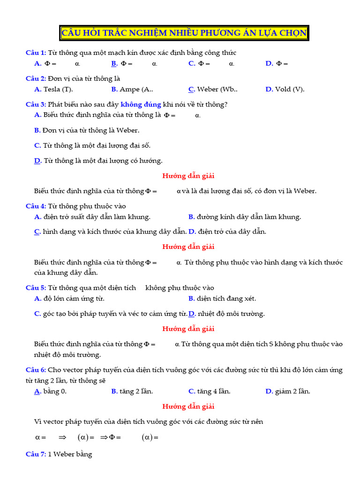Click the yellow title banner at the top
[x=184, y=33]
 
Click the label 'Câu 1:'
[x=36, y=52]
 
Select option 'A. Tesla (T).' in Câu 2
[x=53, y=89]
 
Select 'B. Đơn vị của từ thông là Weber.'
[x=87, y=130]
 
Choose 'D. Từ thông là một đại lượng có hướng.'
[x=98, y=161]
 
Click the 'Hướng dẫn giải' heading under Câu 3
[x=188, y=176]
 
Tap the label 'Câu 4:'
[x=36, y=206]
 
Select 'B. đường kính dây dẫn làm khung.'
[x=245, y=217]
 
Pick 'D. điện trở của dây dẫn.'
[x=227, y=232]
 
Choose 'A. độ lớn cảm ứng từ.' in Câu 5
[x=69, y=299]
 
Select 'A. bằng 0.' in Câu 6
[x=51, y=391]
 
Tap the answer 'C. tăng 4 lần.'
[x=209, y=391]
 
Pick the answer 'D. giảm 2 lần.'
[x=288, y=391]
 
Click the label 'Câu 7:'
[x=36, y=454]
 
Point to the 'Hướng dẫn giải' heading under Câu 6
[x=188, y=406]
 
